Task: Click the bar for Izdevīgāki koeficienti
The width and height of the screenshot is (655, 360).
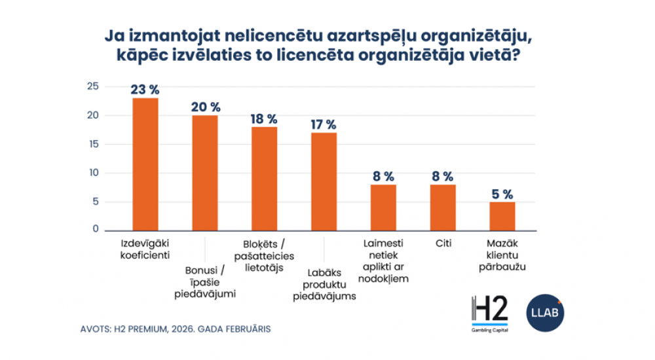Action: tap(145, 164)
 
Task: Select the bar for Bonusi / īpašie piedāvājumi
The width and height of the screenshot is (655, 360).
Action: tap(205, 172)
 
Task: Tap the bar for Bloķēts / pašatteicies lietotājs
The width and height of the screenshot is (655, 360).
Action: tap(264, 178)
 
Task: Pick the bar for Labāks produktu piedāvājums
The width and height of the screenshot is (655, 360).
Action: tap(324, 181)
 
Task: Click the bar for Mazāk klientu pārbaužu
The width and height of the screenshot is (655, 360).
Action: tap(502, 215)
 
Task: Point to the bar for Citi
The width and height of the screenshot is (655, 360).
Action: tap(443, 207)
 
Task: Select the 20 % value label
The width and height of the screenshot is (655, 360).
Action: tap(206, 107)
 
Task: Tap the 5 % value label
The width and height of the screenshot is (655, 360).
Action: tap(502, 194)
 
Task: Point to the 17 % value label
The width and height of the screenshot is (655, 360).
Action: tap(324, 124)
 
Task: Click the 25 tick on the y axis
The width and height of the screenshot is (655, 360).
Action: tap(93, 87)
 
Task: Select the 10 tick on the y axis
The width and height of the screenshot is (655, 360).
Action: tap(93, 173)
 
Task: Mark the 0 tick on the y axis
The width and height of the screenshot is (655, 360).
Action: tap(96, 230)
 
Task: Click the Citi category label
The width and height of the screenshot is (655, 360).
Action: tap(443, 243)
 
